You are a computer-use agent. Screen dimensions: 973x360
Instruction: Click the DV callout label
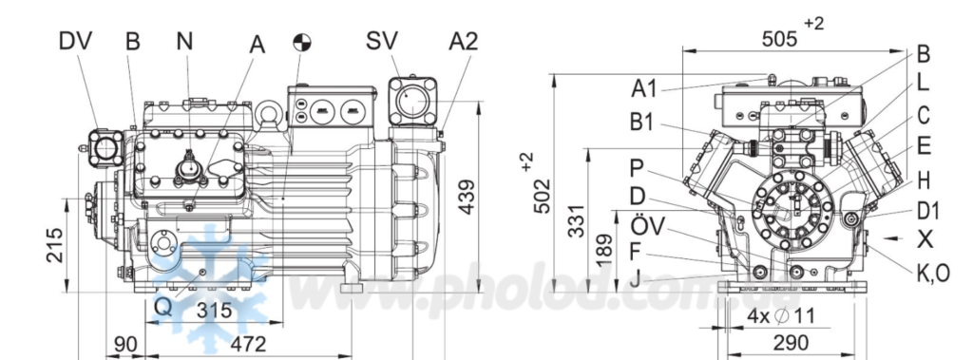coord(75,41)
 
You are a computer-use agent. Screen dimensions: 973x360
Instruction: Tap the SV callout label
coord(382,41)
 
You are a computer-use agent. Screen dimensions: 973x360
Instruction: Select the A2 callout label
coord(464,41)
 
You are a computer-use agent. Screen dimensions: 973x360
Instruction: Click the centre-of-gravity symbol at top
coord(301,42)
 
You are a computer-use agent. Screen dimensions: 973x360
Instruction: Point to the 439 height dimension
coord(467,197)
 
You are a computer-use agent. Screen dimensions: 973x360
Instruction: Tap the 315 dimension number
coord(214,311)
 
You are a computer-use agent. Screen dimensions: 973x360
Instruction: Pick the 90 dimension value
coord(125,343)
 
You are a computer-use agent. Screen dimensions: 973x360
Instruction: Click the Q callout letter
coord(162,306)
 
